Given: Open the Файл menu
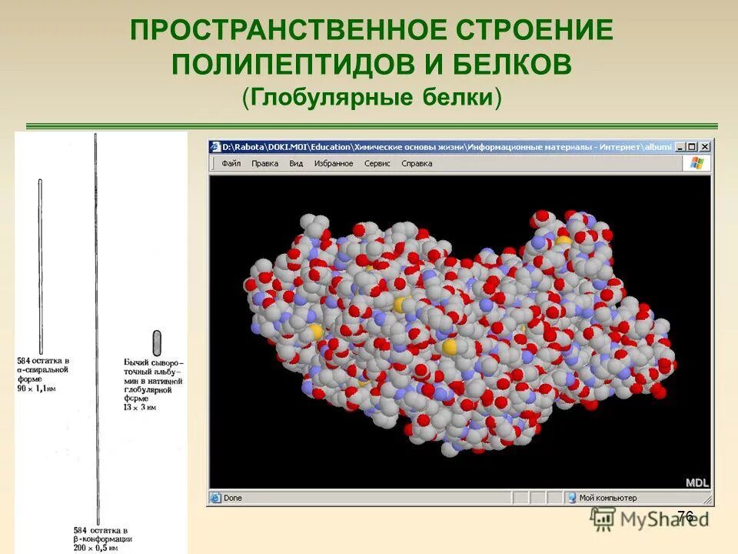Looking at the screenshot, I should coord(231,163).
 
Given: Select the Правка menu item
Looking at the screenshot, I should coord(265,163).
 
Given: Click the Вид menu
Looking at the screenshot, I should coord(296,163).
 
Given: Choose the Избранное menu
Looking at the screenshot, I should coord(334,163).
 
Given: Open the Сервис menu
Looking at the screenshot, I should coord(377,163).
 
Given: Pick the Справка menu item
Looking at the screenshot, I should coord(417,163).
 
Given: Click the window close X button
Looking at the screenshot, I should coord(705,147).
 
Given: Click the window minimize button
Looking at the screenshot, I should coord(680,147).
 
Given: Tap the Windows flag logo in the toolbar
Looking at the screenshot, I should coord(697,163).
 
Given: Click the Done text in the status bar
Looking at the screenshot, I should coord(232,498).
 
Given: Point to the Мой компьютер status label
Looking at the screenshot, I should coord(607,498).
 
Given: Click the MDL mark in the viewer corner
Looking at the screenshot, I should coord(697,482).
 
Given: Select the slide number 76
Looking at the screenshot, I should coord(686,516).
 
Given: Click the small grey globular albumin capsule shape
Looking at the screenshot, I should coord(158,342).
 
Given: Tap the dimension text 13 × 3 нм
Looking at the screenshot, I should coord(140,407).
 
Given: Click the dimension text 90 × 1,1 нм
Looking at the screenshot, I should coord(36,389).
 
